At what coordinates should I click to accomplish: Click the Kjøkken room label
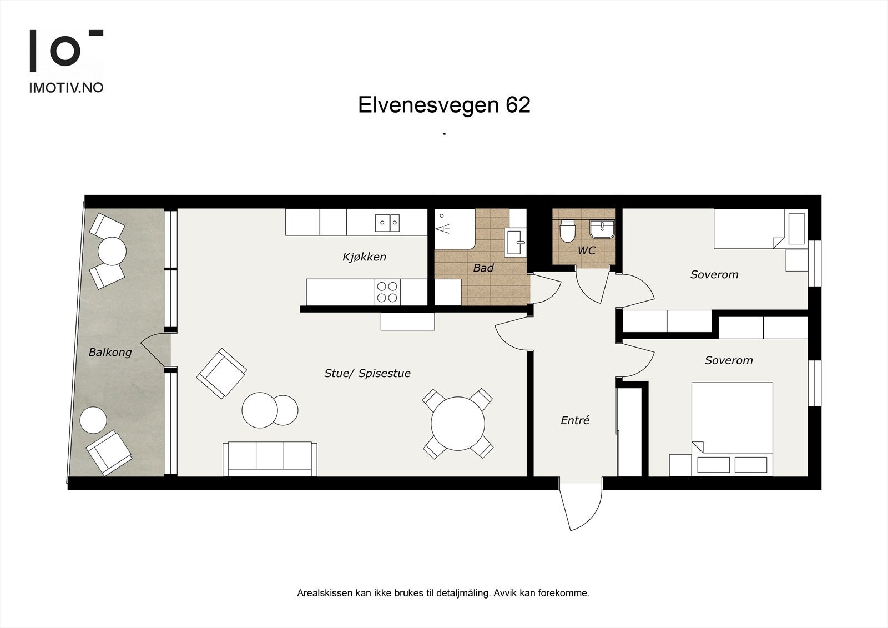pos(364,257)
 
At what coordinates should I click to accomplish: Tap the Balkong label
pos(110,352)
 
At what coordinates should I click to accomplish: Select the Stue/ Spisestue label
pos(367,373)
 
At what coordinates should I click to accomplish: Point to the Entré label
pos(574,420)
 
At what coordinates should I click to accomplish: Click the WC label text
pos(586,250)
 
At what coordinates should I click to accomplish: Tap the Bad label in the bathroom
pos(483,268)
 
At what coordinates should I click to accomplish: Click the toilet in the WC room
pos(567,231)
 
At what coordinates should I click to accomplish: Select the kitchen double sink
pos(387,223)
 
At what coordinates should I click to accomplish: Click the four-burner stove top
pos(387,292)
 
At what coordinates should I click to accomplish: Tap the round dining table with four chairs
pos(458,424)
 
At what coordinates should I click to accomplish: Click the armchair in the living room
pos(221,373)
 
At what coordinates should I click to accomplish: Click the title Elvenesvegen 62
pos(444,105)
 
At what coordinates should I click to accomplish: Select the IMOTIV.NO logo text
pos(66,88)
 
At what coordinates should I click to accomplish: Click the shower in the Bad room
pos(454,228)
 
